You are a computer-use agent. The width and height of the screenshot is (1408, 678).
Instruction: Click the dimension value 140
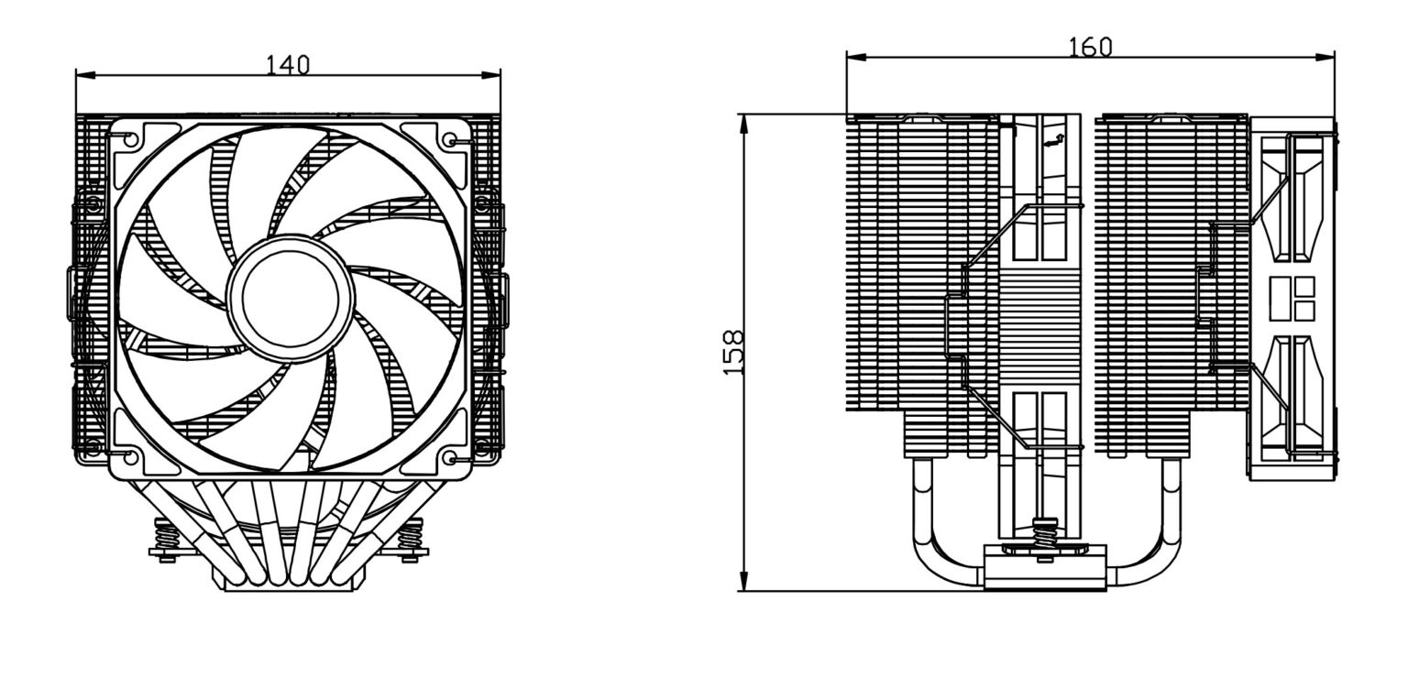288,64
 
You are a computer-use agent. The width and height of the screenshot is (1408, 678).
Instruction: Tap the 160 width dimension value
1090,47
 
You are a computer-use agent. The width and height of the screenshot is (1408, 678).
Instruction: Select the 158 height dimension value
733,353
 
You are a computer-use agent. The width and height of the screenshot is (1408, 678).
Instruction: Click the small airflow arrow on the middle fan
1053,139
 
